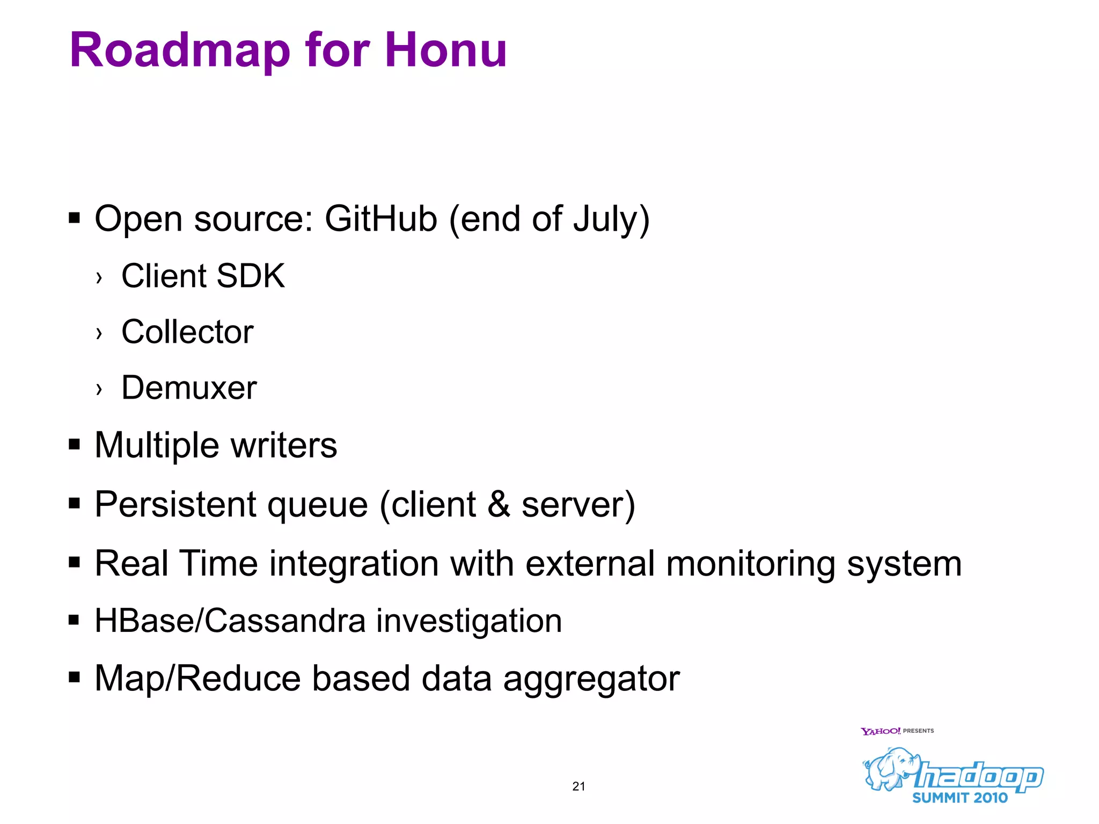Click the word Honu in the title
[x=445, y=50]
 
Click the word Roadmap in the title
[x=180, y=50]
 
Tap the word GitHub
[x=381, y=219]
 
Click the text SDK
[x=251, y=276]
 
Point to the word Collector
[x=187, y=332]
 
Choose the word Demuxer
[x=189, y=387]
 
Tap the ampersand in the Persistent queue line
[x=499, y=504]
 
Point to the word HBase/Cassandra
[x=230, y=621]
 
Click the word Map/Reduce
[x=197, y=678]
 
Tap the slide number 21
[x=578, y=786]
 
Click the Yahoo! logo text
[x=880, y=731]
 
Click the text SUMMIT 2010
[x=959, y=798]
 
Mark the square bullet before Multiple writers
[x=75, y=445]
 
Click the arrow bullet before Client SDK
[x=99, y=278]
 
